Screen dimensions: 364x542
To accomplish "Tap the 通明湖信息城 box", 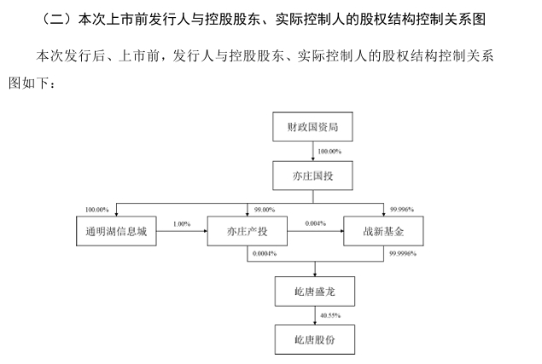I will (x=117, y=232).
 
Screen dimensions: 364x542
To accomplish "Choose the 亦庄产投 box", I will (x=249, y=232).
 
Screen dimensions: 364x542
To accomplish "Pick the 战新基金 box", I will (x=382, y=232).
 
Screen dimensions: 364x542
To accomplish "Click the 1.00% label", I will (x=181, y=223).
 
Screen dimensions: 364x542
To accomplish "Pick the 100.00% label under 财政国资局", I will (x=329, y=152).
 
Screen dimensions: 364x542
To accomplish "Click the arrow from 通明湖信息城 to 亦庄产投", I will (x=183, y=232).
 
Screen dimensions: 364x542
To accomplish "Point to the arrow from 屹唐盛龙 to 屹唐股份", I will (x=315, y=316).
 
